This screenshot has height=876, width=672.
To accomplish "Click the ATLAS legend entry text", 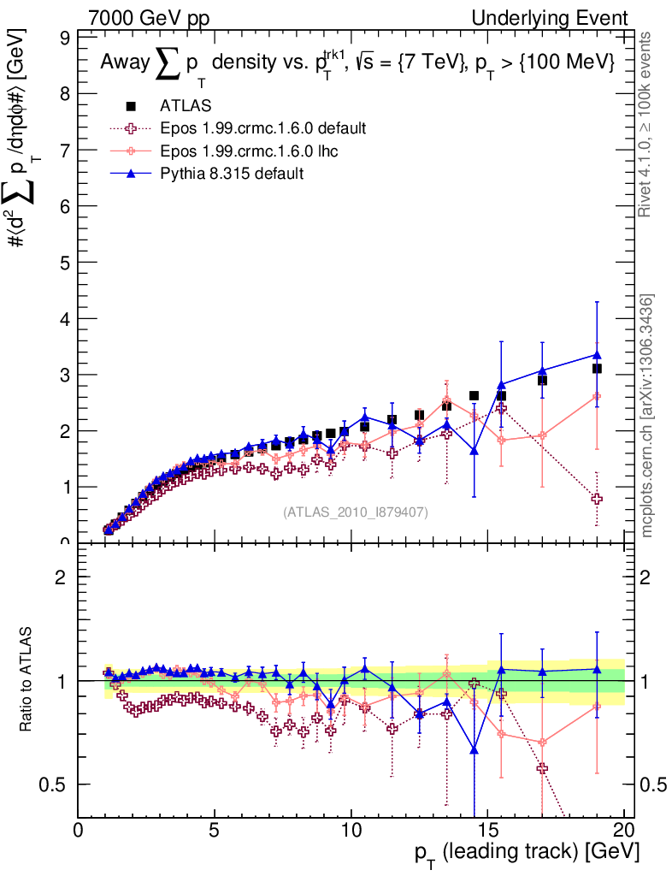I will coord(186,106).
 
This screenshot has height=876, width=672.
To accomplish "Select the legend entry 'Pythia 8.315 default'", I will coord(232,173).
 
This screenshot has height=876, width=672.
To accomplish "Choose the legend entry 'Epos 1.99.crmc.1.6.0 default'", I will coord(262,128).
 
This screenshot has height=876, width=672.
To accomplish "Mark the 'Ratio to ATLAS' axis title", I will coord(27,680).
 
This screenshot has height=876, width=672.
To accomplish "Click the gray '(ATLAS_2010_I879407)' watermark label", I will coord(356,512).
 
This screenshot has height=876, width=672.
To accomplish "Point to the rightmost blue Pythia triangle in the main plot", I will coord(597,354).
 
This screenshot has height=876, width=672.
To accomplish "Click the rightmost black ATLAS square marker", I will coord(597,369).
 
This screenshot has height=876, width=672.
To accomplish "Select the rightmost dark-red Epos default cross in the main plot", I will coord(597,499).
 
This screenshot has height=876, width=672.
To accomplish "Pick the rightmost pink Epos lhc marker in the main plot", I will coord(597,396).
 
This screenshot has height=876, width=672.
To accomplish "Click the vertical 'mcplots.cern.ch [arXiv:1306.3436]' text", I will coord(648,416).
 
